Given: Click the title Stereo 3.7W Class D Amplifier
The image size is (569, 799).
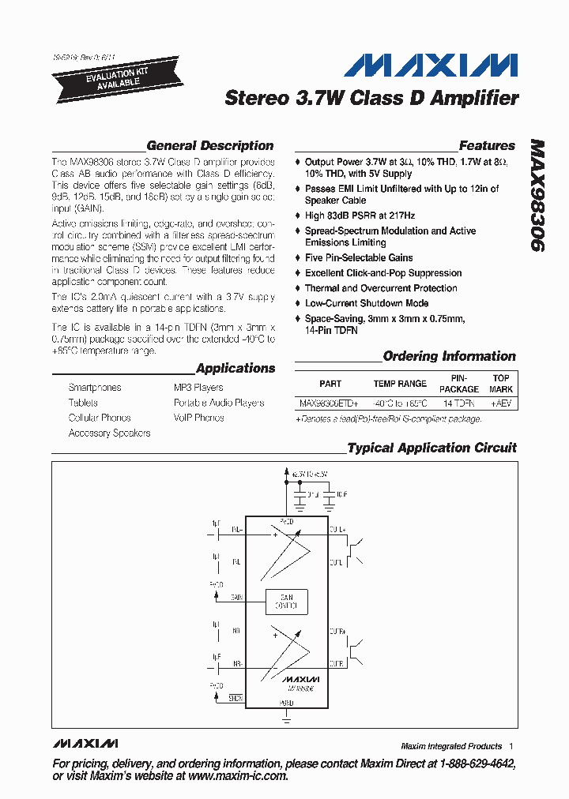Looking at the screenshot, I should point(371,99).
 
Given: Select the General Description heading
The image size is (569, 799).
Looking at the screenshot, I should point(210,146).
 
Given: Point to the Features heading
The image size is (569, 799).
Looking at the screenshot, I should point(487,146).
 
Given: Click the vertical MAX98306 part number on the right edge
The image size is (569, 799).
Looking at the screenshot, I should point(537,197).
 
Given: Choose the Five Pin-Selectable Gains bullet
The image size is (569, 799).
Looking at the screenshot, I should point(359,258).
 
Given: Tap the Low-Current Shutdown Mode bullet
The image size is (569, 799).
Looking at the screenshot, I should point(367,303).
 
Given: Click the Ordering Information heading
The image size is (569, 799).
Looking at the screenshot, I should point(449,357).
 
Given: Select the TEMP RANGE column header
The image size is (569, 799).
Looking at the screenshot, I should point(400,384).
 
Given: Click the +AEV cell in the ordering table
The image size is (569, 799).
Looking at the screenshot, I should point(501,403).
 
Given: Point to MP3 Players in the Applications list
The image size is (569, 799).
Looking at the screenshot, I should point(198,388).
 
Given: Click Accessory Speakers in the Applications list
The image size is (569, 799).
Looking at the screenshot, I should point(109,433).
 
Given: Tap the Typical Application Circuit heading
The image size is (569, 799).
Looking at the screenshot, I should point(431,448).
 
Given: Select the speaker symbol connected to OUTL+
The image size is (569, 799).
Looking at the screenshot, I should point(356,551).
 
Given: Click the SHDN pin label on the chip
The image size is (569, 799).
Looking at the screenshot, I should point(236,698).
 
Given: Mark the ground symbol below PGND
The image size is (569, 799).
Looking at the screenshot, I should point(285,718).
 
